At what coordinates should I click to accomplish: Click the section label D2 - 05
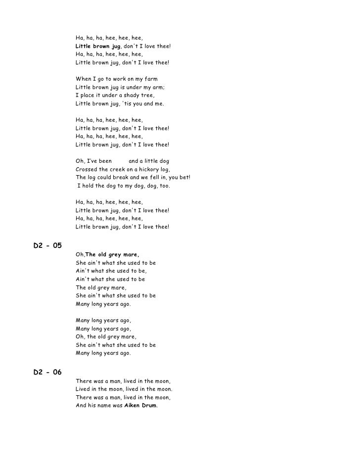click(x=47, y=246)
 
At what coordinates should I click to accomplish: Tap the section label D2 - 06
click(x=47, y=373)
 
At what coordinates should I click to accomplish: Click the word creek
click(x=119, y=169)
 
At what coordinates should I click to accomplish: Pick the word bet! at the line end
click(x=183, y=178)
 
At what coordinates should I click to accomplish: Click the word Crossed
click(x=87, y=169)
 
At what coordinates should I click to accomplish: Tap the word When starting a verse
click(x=83, y=79)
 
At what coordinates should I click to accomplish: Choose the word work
click(x=118, y=79)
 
